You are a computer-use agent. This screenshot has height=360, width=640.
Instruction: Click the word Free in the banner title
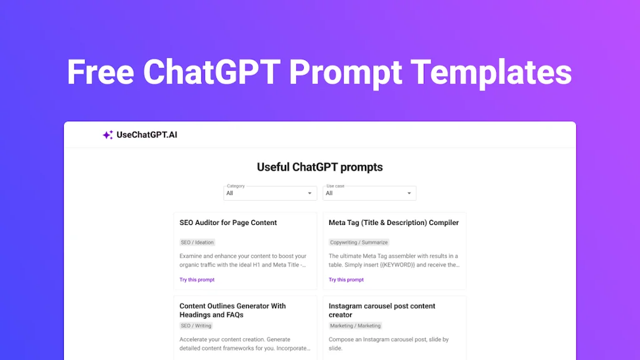click(x=101, y=72)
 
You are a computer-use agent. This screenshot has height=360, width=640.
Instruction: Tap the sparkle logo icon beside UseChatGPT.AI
click(x=107, y=134)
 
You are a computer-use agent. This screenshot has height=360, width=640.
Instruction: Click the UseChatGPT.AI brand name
click(x=147, y=134)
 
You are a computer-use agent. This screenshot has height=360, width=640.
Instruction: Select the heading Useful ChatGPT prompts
click(x=319, y=167)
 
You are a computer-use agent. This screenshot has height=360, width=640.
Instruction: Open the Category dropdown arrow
click(x=309, y=194)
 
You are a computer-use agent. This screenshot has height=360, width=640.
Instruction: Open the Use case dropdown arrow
click(x=409, y=194)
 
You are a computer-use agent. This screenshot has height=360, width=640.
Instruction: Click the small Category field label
click(x=236, y=186)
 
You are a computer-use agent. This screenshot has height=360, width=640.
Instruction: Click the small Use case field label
click(x=335, y=186)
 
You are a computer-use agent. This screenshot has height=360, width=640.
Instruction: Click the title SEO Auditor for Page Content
click(x=228, y=222)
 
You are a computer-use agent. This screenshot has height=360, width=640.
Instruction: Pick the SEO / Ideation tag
click(x=197, y=242)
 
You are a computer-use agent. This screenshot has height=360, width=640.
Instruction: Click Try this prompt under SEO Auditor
click(x=197, y=280)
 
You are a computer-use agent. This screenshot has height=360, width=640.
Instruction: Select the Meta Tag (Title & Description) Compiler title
click(x=394, y=222)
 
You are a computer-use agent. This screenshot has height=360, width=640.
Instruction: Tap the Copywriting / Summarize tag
click(x=359, y=242)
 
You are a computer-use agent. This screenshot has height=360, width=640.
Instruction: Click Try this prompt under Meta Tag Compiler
click(x=346, y=280)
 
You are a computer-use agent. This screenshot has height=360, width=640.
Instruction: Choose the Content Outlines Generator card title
click(x=232, y=310)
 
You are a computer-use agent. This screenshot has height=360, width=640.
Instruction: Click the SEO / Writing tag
click(x=196, y=326)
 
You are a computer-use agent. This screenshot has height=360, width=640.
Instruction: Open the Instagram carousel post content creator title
click(x=382, y=310)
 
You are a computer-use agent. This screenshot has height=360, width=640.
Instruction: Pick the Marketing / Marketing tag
click(x=355, y=326)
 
